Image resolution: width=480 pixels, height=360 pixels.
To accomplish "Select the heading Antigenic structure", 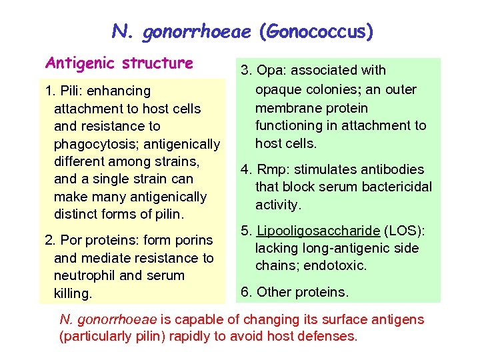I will (119, 63).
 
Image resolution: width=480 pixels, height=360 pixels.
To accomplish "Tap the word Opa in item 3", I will (271, 71).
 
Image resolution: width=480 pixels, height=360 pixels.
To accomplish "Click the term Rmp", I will (270, 169).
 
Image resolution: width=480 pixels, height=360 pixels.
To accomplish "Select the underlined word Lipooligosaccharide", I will (318, 231).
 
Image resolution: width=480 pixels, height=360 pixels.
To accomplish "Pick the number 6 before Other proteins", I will (245, 291).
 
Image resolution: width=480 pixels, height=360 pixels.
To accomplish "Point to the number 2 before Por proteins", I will (48, 240).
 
